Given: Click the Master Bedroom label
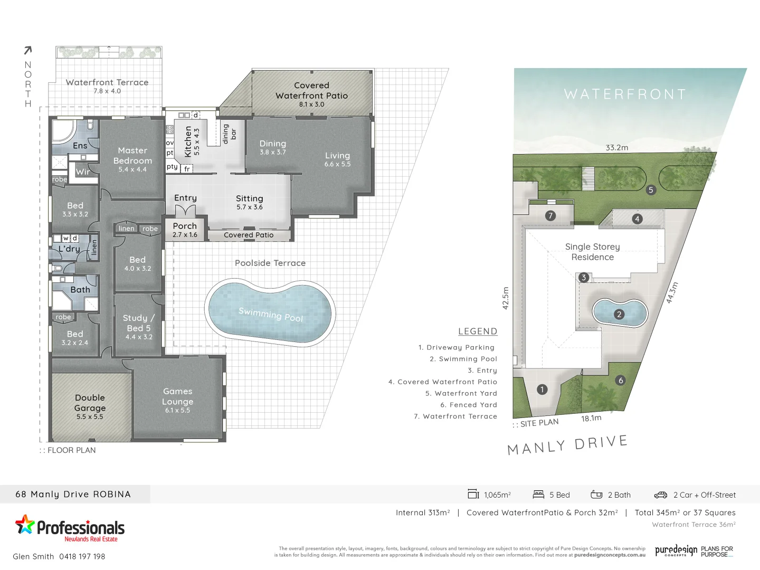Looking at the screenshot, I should [x=132, y=156].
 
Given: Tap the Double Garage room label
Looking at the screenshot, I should [x=90, y=403].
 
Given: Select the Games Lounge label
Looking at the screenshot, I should [x=178, y=396].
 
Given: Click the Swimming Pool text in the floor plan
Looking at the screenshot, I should [x=271, y=314].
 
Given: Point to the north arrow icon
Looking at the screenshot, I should [x=28, y=50].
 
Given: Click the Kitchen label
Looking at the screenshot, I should [x=188, y=141].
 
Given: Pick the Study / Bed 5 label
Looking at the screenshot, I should [x=139, y=323].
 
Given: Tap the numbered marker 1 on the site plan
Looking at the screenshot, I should [x=542, y=389].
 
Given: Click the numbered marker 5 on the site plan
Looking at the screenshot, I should [x=651, y=190].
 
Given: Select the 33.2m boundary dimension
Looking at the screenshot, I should [x=617, y=148].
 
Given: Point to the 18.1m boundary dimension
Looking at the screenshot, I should [x=591, y=419].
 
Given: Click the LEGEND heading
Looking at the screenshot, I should [x=478, y=331].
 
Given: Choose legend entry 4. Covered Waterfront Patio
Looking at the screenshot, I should [x=443, y=382].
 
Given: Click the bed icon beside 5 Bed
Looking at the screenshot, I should [x=538, y=495].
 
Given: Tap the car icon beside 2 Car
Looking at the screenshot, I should [x=661, y=495].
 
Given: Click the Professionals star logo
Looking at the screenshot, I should [x=24, y=525].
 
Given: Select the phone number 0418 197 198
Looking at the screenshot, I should [x=82, y=556].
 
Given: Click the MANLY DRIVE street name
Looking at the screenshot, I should [x=567, y=445].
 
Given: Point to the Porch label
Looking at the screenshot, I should [x=185, y=226].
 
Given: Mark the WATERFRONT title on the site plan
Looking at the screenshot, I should [x=625, y=94].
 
